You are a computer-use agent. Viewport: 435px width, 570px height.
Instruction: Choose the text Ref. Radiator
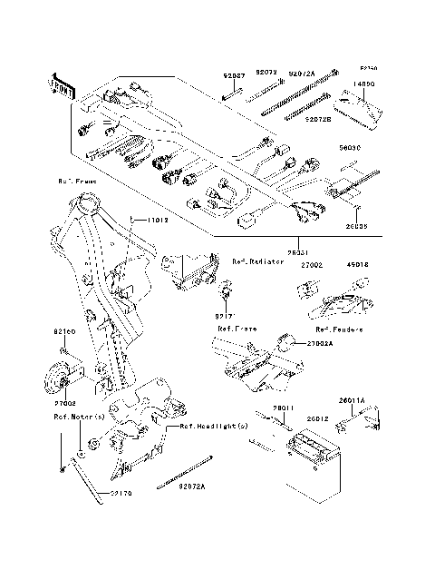pyautogui.click(x=257, y=261)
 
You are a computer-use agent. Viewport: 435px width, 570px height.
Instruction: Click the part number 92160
pyautogui.click(x=64, y=333)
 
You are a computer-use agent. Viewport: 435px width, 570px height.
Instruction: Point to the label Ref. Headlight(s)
pyautogui.click(x=213, y=426)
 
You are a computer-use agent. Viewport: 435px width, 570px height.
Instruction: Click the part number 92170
pyautogui.click(x=122, y=494)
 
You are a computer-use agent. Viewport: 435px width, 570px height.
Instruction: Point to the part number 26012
pyautogui.click(x=317, y=418)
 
